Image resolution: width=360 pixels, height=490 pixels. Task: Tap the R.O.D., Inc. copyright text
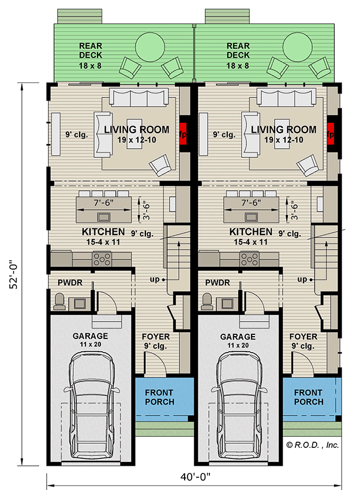(x=312, y=444)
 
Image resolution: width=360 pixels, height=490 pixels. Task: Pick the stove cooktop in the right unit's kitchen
(x=251, y=259)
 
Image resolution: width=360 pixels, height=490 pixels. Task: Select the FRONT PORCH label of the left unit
(x=159, y=397)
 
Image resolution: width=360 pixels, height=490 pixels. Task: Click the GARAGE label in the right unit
(x=237, y=337)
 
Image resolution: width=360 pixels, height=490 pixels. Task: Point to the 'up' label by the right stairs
(x=302, y=280)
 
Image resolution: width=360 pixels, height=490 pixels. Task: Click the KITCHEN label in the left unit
(x=94, y=232)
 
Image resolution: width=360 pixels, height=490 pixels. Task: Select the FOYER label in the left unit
(x=156, y=337)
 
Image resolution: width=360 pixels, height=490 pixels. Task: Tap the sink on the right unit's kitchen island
(x=252, y=217)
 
